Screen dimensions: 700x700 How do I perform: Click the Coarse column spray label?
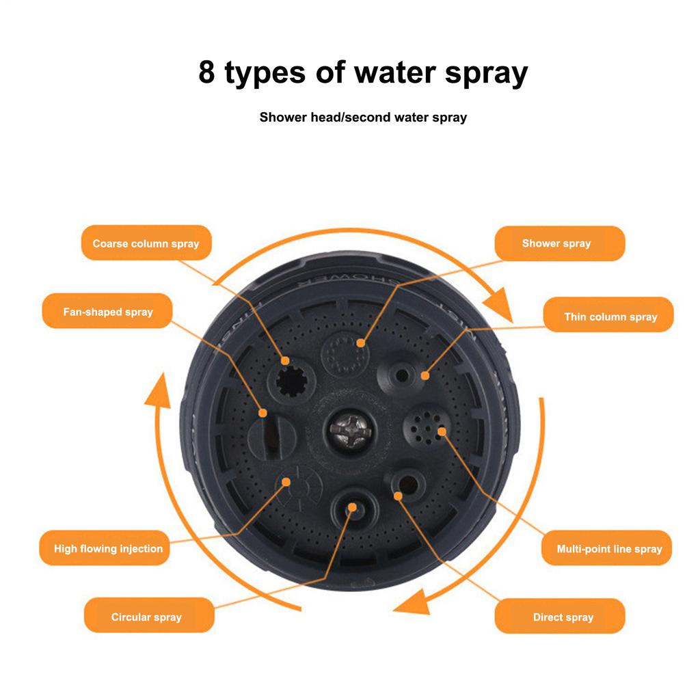(146, 243)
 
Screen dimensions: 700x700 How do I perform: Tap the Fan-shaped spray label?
(107, 312)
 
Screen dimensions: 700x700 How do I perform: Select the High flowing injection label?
(108, 548)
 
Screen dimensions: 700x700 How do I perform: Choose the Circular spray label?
(146, 617)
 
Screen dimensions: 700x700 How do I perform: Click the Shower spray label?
(556, 243)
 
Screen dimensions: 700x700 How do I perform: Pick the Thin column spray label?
(610, 317)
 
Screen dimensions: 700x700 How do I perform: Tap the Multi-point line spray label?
(609, 548)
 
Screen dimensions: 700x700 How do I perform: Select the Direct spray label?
(563, 617)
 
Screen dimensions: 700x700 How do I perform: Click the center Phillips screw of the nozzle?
(349, 430)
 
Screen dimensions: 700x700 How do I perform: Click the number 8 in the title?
(206, 72)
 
